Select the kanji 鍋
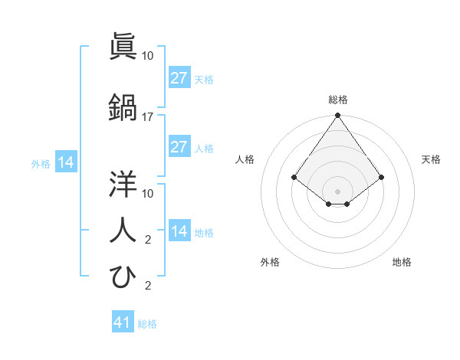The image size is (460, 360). pyautogui.click(x=123, y=106)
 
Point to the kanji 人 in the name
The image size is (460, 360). pyautogui.click(x=123, y=229)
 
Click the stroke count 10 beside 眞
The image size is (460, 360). pyautogui.click(x=148, y=55)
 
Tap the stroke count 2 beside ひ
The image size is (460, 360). pyautogui.click(x=148, y=286)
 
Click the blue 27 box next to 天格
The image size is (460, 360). pyautogui.click(x=179, y=78)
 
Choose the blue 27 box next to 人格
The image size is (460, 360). pyautogui.click(x=179, y=147)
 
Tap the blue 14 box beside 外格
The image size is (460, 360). pyautogui.click(x=65, y=162)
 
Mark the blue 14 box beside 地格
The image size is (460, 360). pyautogui.click(x=179, y=231)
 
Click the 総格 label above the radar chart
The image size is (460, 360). pyautogui.click(x=337, y=100)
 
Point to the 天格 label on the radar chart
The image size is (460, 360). pyautogui.click(x=431, y=159)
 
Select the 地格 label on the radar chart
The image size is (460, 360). pyautogui.click(x=402, y=262)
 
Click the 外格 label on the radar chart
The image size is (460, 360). pyautogui.click(x=270, y=262)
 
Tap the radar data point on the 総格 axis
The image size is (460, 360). pyautogui.click(x=337, y=116)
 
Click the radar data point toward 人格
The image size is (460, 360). pyautogui.click(x=294, y=177)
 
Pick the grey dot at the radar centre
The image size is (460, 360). pyautogui.click(x=337, y=191)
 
